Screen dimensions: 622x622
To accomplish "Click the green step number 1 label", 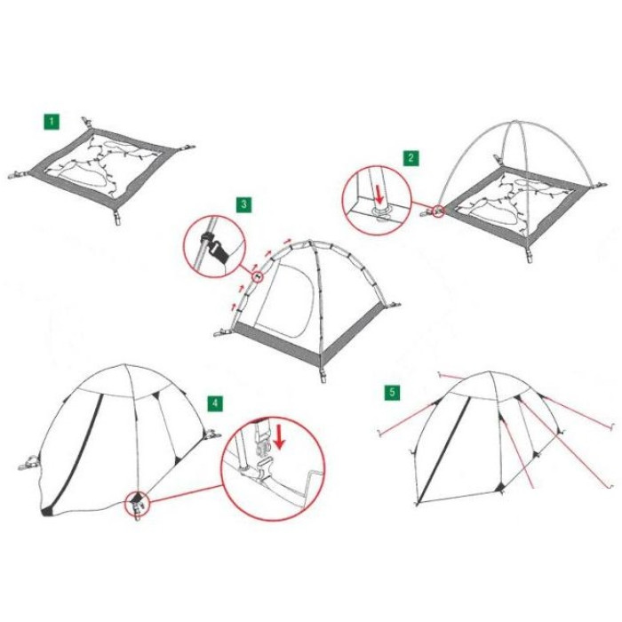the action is [x=52, y=122].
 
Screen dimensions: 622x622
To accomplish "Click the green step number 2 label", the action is [x=411, y=158].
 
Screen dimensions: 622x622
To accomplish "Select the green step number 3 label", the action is [x=243, y=204].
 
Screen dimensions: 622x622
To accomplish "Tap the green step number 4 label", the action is [x=215, y=403].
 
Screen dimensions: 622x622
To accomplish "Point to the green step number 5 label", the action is [x=392, y=393].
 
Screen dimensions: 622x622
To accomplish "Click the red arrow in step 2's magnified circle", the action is [x=380, y=195].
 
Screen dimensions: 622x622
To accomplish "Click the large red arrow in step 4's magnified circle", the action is [x=280, y=436].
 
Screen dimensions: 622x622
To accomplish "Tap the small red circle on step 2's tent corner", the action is [x=438, y=211].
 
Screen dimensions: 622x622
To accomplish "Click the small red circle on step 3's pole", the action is [x=258, y=275].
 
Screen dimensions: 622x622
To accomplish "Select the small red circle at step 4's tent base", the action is [x=137, y=504].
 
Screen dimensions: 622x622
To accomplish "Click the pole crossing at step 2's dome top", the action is [x=515, y=122].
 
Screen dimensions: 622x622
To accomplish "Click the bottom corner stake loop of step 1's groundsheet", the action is [x=117, y=219].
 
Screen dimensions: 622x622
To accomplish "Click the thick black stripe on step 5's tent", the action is [x=444, y=451].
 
